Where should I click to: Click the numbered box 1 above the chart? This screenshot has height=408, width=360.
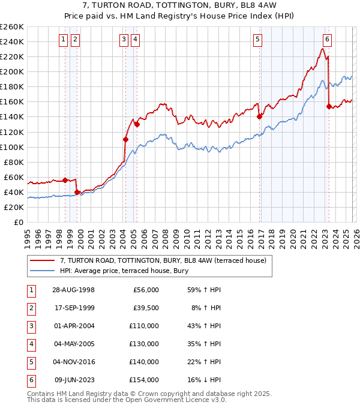coord(64,40)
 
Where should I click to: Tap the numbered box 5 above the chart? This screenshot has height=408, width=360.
coord(257,40)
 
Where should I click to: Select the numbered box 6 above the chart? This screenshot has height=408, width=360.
coord(327,40)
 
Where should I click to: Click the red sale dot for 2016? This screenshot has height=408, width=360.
coord(259,117)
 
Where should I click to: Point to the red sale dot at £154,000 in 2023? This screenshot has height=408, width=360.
coord(329,106)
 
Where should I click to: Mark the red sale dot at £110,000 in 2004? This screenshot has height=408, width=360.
coord(126,139)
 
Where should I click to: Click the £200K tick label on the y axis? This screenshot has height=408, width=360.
coord(12,71)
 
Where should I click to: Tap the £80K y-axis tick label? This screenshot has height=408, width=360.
coord(14,162)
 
